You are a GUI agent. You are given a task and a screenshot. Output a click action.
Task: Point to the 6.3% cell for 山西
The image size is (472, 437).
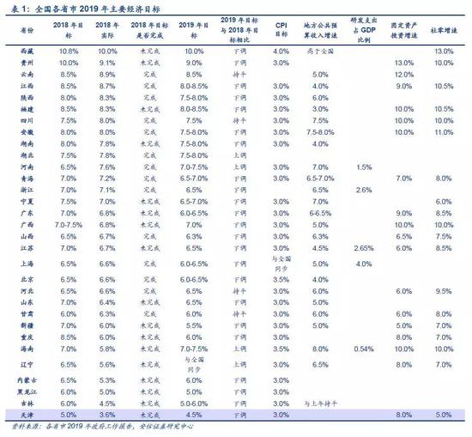point(192,234)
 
